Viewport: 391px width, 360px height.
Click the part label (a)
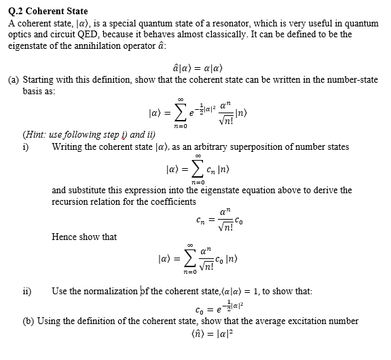pos(13,79)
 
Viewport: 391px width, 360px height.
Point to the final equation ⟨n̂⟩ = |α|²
pos(195,333)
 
